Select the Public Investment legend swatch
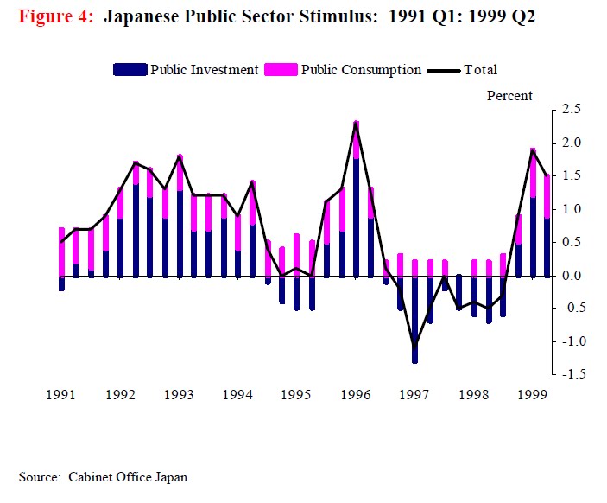(130, 70)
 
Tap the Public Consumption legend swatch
(281, 70)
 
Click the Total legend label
(480, 70)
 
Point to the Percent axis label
(509, 96)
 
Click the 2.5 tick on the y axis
(571, 109)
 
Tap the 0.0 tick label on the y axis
(571, 276)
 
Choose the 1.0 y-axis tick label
(571, 209)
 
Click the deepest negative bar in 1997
(414, 320)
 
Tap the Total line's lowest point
(414, 347)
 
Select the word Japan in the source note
(170, 477)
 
